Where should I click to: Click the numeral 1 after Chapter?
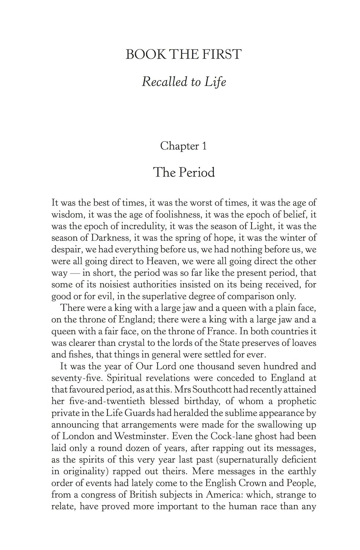click(204, 146)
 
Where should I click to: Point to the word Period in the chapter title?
click(197, 172)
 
